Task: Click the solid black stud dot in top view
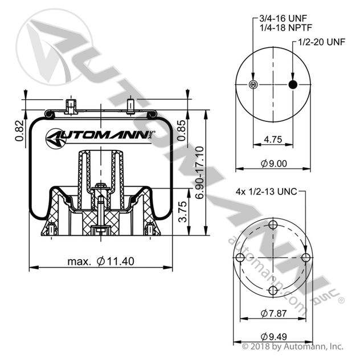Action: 293,85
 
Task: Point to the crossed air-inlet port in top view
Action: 253,85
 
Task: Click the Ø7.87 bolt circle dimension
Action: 273,313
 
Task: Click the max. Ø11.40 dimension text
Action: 102,261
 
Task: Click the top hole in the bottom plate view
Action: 273,226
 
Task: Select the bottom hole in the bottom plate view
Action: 273,291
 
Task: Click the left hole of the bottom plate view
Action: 240,259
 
